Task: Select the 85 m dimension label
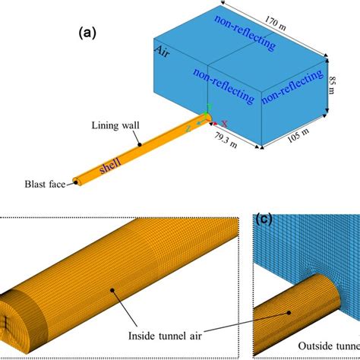click(x=332, y=77)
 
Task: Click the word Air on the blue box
click(x=161, y=52)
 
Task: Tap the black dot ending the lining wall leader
click(x=139, y=142)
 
